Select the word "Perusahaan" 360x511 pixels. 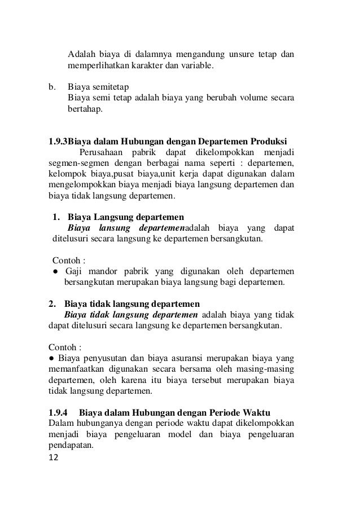(103, 152)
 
